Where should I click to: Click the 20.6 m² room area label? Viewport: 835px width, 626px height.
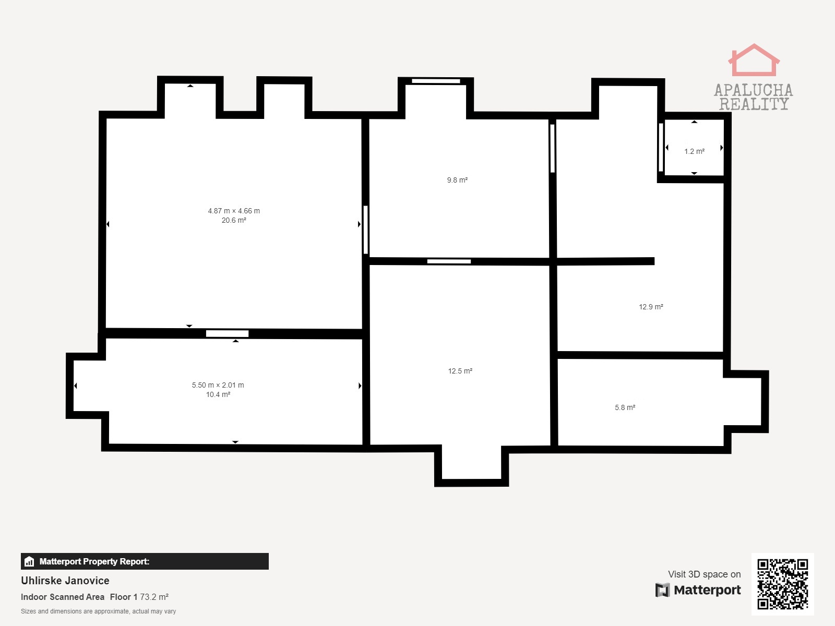pos(234,221)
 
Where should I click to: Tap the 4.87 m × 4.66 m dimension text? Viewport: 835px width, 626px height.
pos(234,211)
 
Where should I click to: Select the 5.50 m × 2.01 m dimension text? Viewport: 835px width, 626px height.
pos(218,385)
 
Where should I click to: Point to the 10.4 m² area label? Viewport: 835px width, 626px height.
pos(218,394)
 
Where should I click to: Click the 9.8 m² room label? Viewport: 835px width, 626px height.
pos(457,180)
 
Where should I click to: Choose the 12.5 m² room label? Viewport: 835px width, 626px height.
pos(460,371)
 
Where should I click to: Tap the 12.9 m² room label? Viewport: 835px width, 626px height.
pos(651,307)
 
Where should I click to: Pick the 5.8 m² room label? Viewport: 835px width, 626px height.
pos(625,407)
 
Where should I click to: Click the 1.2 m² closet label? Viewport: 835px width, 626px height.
pos(694,151)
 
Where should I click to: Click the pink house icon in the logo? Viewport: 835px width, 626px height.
pos(754,60)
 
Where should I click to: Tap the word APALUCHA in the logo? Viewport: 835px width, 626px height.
pos(754,90)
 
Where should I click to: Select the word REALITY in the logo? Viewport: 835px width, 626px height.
pos(754,104)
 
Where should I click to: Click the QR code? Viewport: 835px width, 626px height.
pos(782,584)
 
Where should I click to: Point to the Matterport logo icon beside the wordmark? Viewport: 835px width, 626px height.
pos(662,590)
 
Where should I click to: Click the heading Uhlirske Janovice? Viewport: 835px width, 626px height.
pos(65,581)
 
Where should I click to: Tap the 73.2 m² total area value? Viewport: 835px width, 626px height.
pos(154,597)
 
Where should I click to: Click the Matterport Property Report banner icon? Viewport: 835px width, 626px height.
pos(29,561)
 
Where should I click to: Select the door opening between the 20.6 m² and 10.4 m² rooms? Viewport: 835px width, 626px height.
pos(227,334)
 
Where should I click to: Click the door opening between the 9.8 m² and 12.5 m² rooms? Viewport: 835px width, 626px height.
pos(449,261)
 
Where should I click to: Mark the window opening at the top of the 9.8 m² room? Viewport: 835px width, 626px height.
pos(436,81)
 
